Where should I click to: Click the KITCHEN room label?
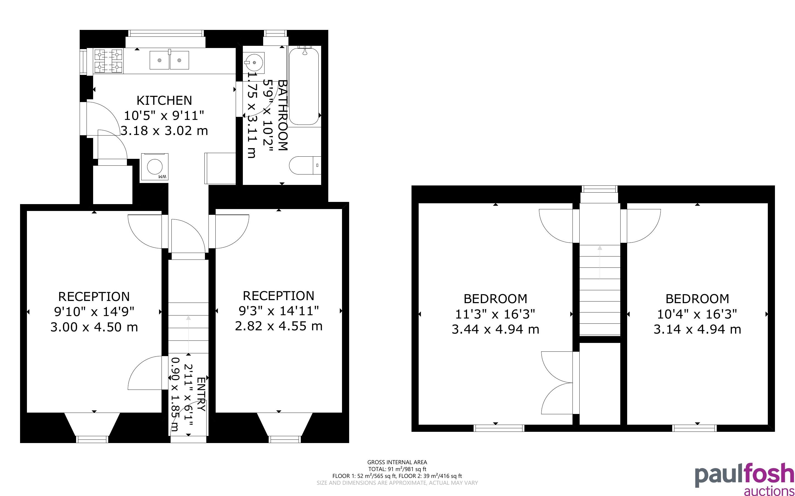164,100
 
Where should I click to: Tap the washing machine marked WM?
155,167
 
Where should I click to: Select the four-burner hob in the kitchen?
108,61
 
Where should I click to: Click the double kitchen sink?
169,60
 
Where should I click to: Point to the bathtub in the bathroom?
304,86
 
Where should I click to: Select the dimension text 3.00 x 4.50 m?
94,327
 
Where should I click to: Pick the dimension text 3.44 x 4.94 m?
495,329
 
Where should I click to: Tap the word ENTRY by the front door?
201,394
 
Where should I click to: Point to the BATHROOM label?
283,115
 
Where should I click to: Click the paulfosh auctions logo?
744,479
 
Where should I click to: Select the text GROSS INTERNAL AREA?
397,463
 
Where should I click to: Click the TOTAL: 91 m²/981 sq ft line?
397,469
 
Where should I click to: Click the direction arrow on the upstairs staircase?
600,263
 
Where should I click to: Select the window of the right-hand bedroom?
694,428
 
